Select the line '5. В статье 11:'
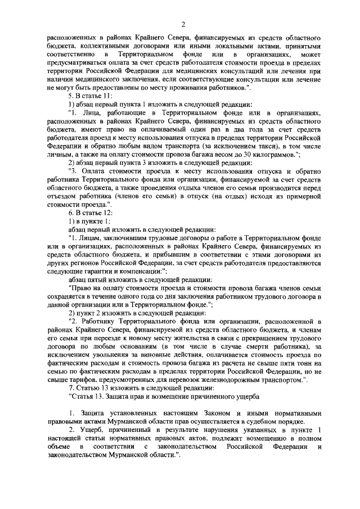click(x=82, y=96)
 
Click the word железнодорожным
click(x=226, y=380)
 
